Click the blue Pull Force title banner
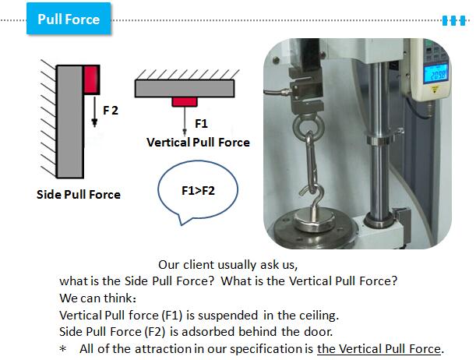69,19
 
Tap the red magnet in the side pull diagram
91,79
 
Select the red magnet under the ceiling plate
185,101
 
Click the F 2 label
111,110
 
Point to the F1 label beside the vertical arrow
201,124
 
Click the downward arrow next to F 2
95,111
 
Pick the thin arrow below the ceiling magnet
185,121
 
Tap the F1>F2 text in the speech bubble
198,191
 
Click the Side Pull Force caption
79,195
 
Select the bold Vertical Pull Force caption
198,143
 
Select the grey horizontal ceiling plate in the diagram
185,88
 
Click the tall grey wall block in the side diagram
70,122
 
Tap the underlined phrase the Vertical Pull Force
379,349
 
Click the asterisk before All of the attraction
63,349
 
